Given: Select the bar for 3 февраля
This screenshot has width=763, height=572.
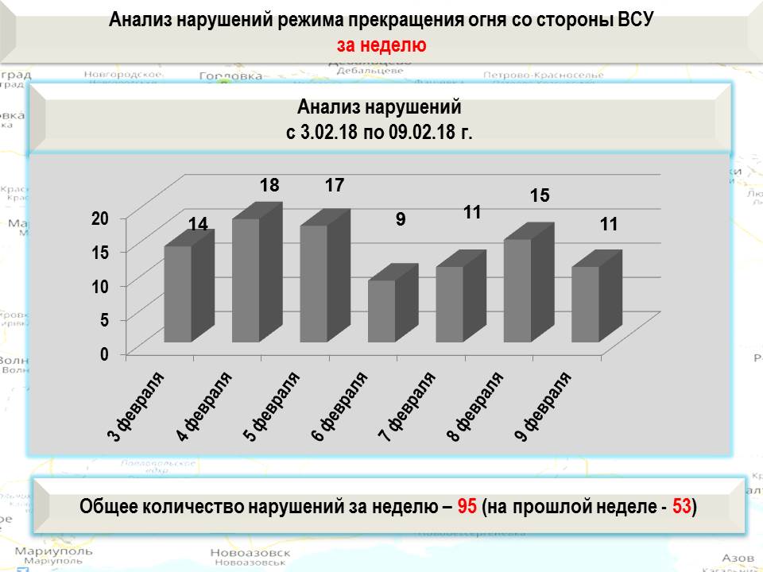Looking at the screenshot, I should [177, 294].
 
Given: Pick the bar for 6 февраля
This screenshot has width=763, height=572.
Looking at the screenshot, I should [381, 311].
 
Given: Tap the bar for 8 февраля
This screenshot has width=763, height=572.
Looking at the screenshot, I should [517, 290].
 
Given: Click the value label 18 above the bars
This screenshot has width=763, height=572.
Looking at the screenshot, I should [269, 186].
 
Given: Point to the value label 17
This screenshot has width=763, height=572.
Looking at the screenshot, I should [335, 186].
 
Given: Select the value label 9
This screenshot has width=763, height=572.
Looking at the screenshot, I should [401, 218].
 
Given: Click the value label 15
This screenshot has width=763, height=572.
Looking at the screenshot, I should [540, 195].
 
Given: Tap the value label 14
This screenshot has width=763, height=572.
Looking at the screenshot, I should [198, 225].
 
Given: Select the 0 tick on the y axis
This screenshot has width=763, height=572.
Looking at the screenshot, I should [104, 354].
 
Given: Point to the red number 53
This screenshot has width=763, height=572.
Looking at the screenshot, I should [681, 506].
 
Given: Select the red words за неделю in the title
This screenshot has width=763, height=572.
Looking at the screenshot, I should [381, 45].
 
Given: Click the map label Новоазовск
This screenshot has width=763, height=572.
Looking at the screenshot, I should [246, 553].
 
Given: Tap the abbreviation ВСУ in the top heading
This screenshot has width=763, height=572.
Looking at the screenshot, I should [634, 20].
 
